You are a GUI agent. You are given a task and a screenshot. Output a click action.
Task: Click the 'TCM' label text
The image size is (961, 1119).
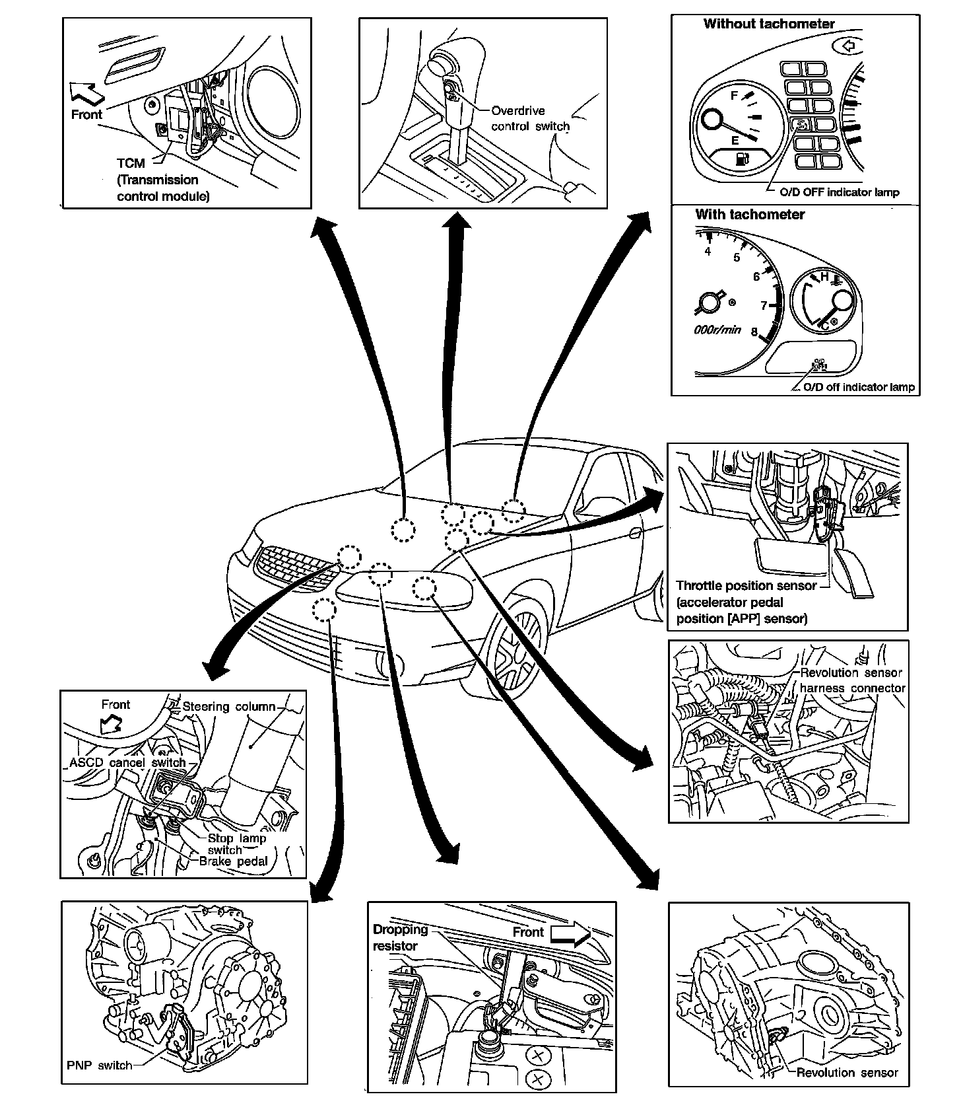coord(131,163)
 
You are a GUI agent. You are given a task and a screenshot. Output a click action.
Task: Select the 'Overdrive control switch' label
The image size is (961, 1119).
coord(529,119)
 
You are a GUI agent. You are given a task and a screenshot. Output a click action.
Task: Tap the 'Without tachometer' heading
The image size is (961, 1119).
coord(769,24)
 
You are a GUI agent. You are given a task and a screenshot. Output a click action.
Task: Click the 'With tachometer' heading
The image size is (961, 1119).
coord(750,215)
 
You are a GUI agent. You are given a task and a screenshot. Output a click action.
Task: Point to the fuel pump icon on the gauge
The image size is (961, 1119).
coord(743,159)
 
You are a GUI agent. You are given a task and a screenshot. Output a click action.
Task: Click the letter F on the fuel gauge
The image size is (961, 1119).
coord(734,96)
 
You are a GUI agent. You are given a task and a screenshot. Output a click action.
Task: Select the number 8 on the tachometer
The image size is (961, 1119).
coord(754,332)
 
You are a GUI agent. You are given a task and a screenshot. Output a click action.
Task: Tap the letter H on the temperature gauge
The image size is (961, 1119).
coord(824,277)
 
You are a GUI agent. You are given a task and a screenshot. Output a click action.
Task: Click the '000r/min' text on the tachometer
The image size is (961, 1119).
coord(717,330)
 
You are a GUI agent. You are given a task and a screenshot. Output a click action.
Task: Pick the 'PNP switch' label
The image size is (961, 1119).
coord(99,1065)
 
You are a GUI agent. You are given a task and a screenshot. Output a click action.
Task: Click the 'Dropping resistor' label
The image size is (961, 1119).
coord(400,937)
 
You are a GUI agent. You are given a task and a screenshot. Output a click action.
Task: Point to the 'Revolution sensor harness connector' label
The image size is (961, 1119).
coord(851,680)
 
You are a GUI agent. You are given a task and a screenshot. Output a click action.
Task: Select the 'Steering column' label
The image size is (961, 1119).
coord(228,707)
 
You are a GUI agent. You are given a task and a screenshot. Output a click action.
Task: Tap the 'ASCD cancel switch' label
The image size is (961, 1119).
coord(127,763)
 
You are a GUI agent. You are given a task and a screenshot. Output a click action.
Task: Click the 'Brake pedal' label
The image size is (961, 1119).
coord(233,861)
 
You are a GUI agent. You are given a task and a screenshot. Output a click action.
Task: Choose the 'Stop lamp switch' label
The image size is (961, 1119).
coord(236,844)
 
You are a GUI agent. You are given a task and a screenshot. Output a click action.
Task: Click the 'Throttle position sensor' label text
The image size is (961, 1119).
coord(746,586)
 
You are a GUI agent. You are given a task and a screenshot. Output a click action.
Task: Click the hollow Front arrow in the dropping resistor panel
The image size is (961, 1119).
coord(570,933)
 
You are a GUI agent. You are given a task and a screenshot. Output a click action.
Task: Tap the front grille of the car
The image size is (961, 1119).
coord(290,565)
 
